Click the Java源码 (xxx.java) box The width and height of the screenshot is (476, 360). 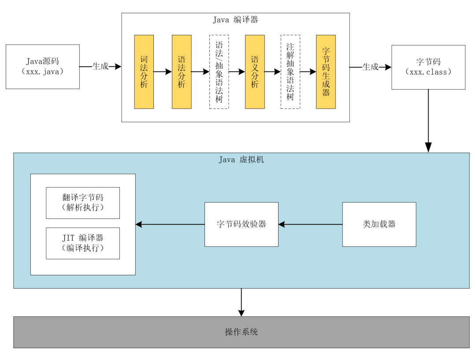43,67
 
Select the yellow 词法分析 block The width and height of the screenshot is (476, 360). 144,72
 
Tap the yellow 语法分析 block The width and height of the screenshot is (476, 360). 182,72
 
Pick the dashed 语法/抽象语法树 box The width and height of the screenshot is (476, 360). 219,72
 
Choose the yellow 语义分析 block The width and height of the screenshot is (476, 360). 255,72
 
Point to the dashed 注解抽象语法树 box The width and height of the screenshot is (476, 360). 290,72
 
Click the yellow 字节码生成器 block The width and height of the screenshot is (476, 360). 326,72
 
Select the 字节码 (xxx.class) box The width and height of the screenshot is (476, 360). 428,67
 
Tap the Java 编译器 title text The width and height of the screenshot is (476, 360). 235,20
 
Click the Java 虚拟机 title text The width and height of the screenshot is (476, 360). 241,160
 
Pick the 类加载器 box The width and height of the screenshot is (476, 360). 379,224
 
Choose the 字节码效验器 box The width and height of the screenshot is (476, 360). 241,224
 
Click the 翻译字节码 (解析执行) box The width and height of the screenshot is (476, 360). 83,203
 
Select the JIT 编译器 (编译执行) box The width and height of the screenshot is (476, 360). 83,243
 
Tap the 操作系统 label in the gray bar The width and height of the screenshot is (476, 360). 241,332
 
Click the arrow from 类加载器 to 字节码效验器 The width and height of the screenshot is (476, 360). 310,225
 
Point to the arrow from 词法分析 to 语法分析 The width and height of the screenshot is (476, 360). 163,72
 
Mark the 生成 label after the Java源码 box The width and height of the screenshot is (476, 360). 100,67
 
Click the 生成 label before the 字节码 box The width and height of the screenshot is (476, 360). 370,67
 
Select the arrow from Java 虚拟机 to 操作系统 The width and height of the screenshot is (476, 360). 241,302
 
